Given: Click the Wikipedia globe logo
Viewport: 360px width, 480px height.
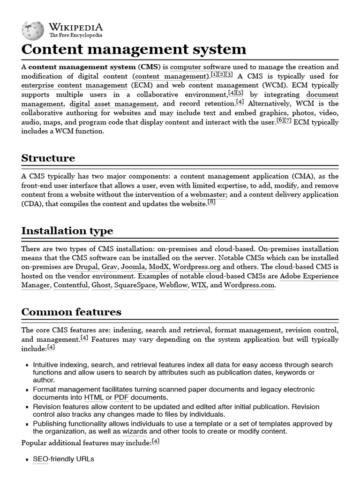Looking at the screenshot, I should pyautogui.click(x=33, y=30).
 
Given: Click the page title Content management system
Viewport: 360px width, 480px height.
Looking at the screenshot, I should pyautogui.click(x=134, y=49).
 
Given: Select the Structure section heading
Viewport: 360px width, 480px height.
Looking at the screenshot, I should pyautogui.click(x=48, y=158).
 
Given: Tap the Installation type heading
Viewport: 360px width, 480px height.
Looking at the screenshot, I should pyautogui.click(x=67, y=231).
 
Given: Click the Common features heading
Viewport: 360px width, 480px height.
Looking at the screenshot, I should pyautogui.click(x=71, y=312).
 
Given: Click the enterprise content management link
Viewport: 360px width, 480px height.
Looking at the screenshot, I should pyautogui.click(x=74, y=85).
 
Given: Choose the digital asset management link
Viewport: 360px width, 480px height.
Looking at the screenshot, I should pyautogui.click(x=113, y=104).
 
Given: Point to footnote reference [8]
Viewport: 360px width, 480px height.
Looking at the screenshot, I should pyautogui.click(x=211, y=202).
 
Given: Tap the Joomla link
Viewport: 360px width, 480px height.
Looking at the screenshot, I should pyautogui.click(x=134, y=267).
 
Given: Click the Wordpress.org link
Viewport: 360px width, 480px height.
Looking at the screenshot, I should pyautogui.click(x=196, y=267).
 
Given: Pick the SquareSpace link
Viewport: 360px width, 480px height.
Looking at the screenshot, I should pyautogui.click(x=135, y=285).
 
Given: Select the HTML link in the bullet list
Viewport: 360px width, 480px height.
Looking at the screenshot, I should pyautogui.click(x=94, y=397).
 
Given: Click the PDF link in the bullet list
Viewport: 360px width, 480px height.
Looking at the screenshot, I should pyautogui.click(x=121, y=397).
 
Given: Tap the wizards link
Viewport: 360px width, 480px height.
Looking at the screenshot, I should pyautogui.click(x=135, y=431).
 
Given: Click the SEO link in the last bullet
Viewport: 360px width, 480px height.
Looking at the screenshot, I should pyautogui.click(x=40, y=459).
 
